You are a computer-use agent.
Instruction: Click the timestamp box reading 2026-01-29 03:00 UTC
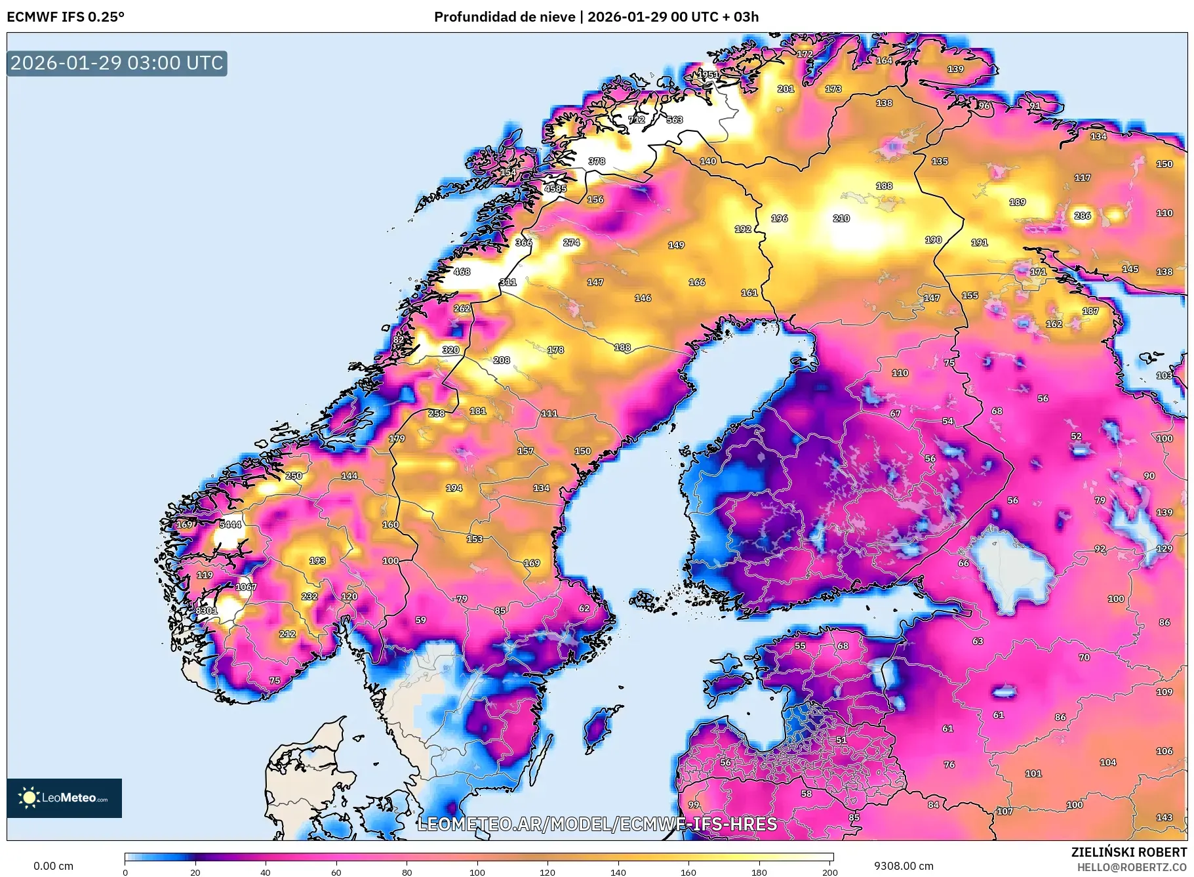click(x=117, y=63)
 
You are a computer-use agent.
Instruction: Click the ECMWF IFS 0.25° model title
click(x=66, y=17)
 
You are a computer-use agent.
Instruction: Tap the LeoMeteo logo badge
click(x=64, y=798)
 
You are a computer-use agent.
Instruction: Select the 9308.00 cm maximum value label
click(x=903, y=866)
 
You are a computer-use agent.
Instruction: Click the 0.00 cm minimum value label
click(x=53, y=866)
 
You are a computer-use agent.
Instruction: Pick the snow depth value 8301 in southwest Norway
click(x=207, y=611)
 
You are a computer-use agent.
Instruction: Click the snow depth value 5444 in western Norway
click(x=230, y=524)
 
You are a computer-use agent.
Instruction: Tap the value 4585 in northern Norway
click(x=555, y=188)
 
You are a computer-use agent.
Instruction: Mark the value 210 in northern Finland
click(x=841, y=218)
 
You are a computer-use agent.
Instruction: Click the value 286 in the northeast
click(x=1083, y=216)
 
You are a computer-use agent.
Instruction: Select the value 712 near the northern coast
click(x=637, y=119)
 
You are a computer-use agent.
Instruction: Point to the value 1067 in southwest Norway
click(x=246, y=587)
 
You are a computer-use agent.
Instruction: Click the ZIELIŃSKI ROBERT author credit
click(x=1128, y=852)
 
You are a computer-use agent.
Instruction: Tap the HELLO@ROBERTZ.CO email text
click(x=1132, y=867)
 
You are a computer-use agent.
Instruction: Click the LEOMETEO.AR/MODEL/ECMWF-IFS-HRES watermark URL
click(x=597, y=824)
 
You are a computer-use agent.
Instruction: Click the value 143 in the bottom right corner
click(x=1164, y=817)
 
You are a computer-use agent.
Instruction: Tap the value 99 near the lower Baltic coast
click(x=694, y=805)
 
